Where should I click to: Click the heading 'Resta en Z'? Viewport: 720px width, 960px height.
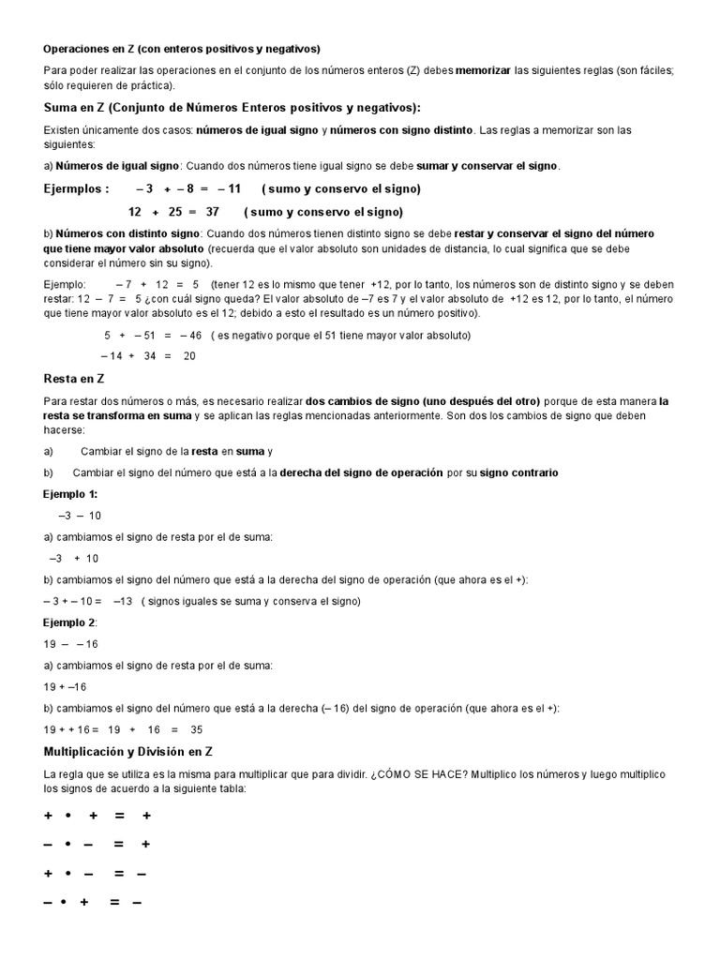73,379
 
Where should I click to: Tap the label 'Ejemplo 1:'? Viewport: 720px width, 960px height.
70,494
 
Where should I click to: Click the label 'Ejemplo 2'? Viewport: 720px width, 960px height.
69,622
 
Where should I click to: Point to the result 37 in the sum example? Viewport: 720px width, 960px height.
212,212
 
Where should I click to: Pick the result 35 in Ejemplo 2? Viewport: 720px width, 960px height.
196,729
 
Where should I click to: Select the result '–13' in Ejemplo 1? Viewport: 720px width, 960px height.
122,601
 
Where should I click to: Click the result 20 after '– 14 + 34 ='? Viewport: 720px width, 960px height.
189,356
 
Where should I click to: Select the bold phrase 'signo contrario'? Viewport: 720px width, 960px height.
518,472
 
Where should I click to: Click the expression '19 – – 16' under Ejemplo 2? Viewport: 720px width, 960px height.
71,644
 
